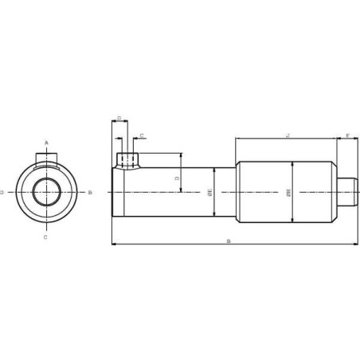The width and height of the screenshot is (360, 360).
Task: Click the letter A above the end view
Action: pos(46,143)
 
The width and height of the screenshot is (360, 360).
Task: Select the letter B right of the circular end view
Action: pos(90,192)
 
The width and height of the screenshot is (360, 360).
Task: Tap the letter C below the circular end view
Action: pos(45,237)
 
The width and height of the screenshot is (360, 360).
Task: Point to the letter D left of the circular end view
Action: pos(2,192)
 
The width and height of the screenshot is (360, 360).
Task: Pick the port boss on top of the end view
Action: pos(46,158)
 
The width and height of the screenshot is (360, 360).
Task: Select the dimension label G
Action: pos(119,119)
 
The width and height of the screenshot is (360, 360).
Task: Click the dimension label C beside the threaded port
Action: pos(142,136)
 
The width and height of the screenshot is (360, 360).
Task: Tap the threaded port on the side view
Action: pos(124,160)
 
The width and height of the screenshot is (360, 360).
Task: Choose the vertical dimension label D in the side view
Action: pos(177,179)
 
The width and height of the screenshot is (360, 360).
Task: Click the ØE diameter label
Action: pos(209,193)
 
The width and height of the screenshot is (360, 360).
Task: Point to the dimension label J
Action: pos(287,135)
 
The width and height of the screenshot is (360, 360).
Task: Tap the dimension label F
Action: pos(347,135)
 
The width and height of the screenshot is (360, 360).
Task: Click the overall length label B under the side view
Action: pos(229,240)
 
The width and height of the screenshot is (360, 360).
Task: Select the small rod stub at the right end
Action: pos(345,192)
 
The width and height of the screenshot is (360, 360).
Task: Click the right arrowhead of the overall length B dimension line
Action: pos(356,245)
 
